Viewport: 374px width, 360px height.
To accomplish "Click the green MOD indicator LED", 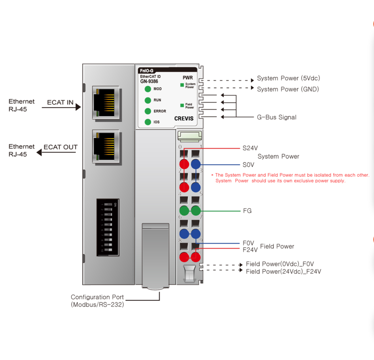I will (x=148, y=89).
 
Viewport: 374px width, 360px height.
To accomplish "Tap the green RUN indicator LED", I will (x=148, y=100).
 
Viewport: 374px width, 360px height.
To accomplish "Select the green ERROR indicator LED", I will (x=148, y=111).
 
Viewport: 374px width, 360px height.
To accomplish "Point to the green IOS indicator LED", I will (x=148, y=122).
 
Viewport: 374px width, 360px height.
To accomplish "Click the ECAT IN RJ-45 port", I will (x=106, y=103).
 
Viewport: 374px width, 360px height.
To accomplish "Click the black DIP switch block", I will (x=108, y=227).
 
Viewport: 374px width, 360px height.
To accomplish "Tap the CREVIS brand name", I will (x=184, y=118).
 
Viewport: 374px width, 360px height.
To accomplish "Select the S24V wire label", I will (x=250, y=148).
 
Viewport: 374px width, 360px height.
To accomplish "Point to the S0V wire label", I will (x=248, y=165).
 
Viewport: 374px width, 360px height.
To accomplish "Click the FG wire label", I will (x=247, y=211).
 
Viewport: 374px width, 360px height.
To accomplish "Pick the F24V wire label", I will (x=250, y=250).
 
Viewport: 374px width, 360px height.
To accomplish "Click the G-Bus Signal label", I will (x=276, y=117).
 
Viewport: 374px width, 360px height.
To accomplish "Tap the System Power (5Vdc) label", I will (x=288, y=78).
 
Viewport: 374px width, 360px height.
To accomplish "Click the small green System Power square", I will (x=182, y=85).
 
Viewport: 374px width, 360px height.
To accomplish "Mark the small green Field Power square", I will (x=182, y=105).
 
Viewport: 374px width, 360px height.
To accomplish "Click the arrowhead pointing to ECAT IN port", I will (x=78, y=107).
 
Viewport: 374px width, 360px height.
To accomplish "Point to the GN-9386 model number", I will (x=149, y=81).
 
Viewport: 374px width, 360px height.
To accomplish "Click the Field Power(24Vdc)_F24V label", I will (x=283, y=272).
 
